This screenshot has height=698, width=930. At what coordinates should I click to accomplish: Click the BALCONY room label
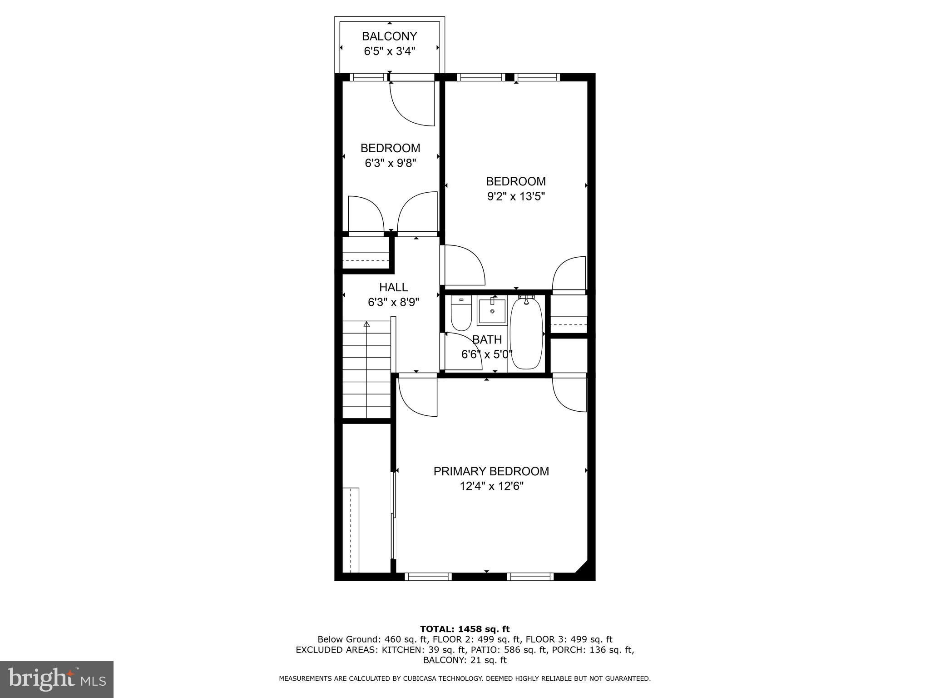click(x=389, y=36)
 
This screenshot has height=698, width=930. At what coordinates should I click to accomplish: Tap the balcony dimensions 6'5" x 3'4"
click(x=390, y=51)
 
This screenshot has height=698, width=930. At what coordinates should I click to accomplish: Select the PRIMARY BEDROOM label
click(x=491, y=471)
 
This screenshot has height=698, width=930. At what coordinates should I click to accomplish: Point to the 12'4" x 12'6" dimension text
click(x=491, y=486)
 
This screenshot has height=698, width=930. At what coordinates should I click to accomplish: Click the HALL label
click(x=393, y=287)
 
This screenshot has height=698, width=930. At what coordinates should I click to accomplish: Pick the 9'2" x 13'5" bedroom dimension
click(x=516, y=196)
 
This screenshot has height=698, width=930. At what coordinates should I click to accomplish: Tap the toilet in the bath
click(x=461, y=314)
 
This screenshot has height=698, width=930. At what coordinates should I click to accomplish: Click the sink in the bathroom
click(x=492, y=311)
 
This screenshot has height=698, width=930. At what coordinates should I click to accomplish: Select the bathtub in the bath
click(x=526, y=333)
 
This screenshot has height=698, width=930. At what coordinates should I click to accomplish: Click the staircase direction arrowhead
click(x=366, y=324)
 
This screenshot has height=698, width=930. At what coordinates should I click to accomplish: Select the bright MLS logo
click(x=57, y=679)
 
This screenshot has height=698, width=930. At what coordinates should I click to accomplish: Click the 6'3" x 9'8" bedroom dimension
click(x=391, y=163)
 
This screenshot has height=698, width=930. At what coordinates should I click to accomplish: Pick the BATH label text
click(x=487, y=339)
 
